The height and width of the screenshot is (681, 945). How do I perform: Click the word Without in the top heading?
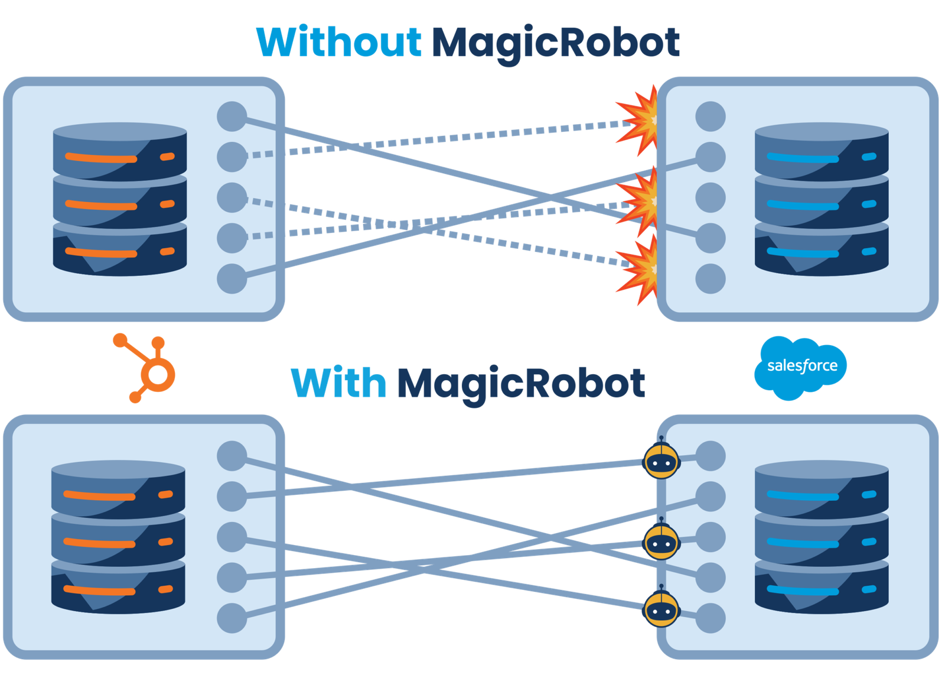point(339,43)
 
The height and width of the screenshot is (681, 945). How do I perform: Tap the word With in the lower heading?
point(338,382)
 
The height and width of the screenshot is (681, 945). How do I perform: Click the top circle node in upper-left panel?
point(232,116)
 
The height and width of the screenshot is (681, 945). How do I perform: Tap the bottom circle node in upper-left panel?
point(232,278)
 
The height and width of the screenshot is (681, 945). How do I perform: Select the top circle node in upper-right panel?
point(710,116)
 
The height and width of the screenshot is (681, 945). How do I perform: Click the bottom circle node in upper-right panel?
point(710,278)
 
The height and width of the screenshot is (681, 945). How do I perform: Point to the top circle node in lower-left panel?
point(232,456)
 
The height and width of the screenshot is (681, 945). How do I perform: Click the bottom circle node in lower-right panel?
point(710,618)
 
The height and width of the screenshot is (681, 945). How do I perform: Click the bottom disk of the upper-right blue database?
point(821,251)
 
